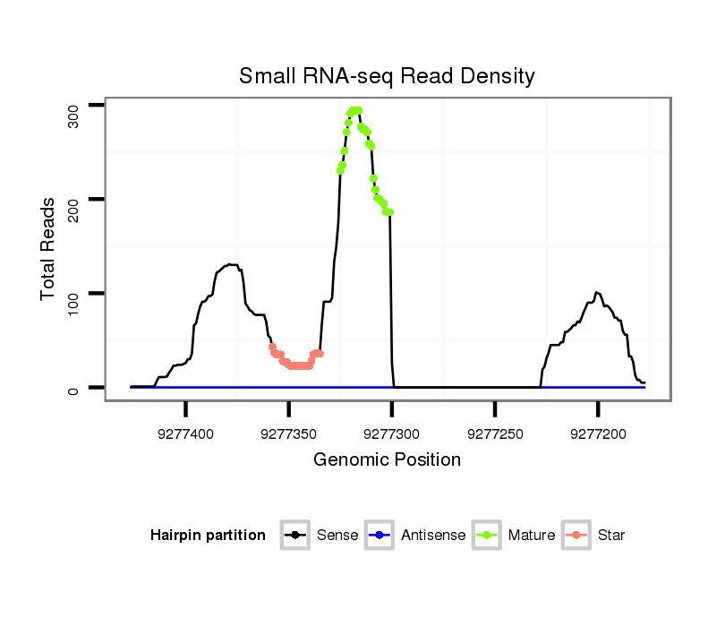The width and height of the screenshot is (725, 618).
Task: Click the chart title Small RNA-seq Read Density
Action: click(x=387, y=76)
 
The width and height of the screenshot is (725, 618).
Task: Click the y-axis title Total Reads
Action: click(x=48, y=249)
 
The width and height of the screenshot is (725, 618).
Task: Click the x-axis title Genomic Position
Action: click(x=387, y=460)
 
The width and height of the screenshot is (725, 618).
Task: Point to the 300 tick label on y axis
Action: click(x=73, y=116)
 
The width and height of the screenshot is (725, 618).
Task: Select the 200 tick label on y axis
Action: click(x=73, y=200)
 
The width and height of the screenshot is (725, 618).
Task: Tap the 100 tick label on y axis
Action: click(x=73, y=294)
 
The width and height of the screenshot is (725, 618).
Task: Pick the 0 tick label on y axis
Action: click(x=73, y=388)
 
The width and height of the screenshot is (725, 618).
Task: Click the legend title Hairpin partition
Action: click(x=208, y=536)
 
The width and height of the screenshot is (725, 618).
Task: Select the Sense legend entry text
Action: click(x=337, y=536)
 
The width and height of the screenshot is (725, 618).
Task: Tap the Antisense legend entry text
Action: click(x=433, y=536)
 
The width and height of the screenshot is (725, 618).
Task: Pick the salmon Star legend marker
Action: click(x=576, y=536)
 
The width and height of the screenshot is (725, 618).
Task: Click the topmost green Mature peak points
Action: click(x=355, y=111)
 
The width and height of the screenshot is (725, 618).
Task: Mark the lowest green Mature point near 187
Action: click(x=390, y=212)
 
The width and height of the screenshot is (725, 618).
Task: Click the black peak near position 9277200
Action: click(x=597, y=293)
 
